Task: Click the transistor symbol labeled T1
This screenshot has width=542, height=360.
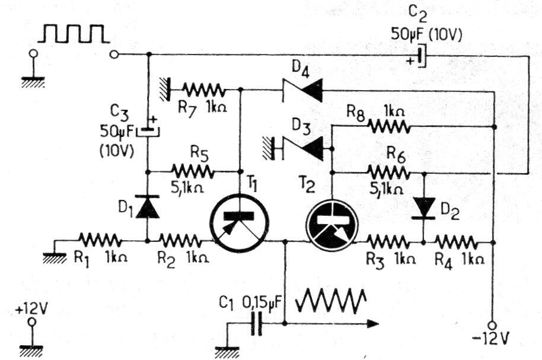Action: pyautogui.click(x=239, y=223)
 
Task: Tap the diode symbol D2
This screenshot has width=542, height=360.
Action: pyautogui.click(x=424, y=209)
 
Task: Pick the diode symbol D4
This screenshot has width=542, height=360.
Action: pyautogui.click(x=302, y=91)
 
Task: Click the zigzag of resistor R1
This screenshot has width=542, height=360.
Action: pyautogui.click(x=100, y=240)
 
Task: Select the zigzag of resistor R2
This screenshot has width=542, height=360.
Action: pyautogui.click(x=180, y=240)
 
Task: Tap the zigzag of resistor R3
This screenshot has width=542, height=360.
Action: pyautogui.click(x=388, y=242)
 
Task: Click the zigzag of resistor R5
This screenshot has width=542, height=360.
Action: pyautogui.click(x=193, y=171)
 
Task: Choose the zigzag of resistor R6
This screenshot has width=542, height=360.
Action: pyautogui.click(x=388, y=172)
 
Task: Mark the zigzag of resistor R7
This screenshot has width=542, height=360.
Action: pyautogui.click(x=204, y=90)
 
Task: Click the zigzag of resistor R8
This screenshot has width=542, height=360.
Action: pyautogui.click(x=388, y=126)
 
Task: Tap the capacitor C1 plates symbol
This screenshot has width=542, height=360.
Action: pyautogui.click(x=256, y=324)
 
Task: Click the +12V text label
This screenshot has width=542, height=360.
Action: pyautogui.click(x=32, y=309)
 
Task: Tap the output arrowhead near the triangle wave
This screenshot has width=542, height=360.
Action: pyautogui.click(x=372, y=324)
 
